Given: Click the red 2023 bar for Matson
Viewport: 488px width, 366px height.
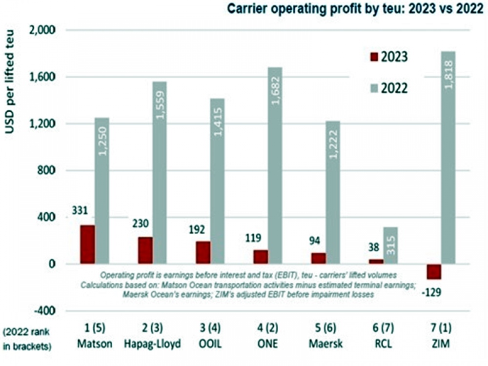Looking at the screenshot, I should pos(88,244).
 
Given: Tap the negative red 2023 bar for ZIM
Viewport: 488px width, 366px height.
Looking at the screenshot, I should pos(433,272).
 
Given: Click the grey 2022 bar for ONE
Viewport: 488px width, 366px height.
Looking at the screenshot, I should pos(275,165).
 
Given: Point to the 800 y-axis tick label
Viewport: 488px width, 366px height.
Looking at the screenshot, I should pos(48,171).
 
